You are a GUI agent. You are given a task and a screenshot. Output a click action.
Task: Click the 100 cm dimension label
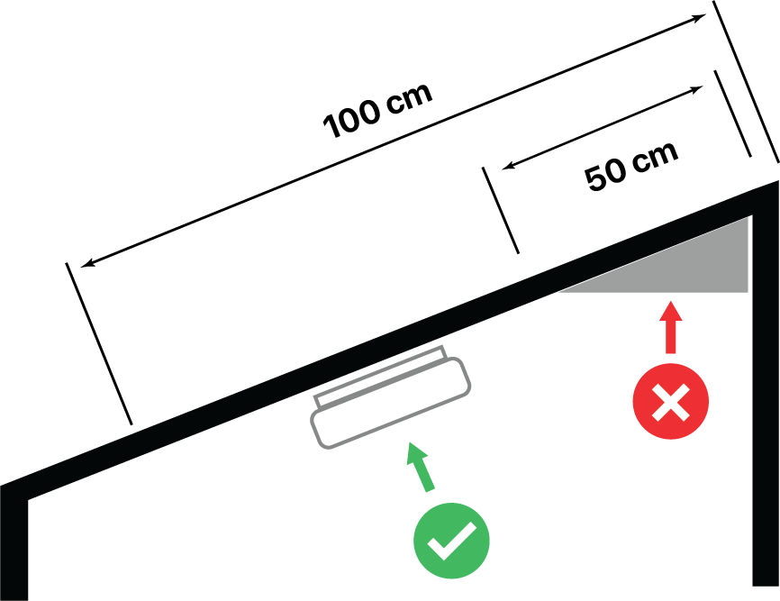[x=378, y=111]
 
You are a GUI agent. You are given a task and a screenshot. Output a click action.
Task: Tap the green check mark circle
[x=451, y=542]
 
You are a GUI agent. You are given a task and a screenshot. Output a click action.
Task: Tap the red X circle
[x=670, y=402]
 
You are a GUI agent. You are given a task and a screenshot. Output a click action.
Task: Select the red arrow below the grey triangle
[x=669, y=328]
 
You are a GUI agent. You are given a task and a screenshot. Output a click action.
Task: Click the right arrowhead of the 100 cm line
[x=702, y=18]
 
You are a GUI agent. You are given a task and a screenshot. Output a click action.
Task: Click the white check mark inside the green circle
[x=451, y=542]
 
